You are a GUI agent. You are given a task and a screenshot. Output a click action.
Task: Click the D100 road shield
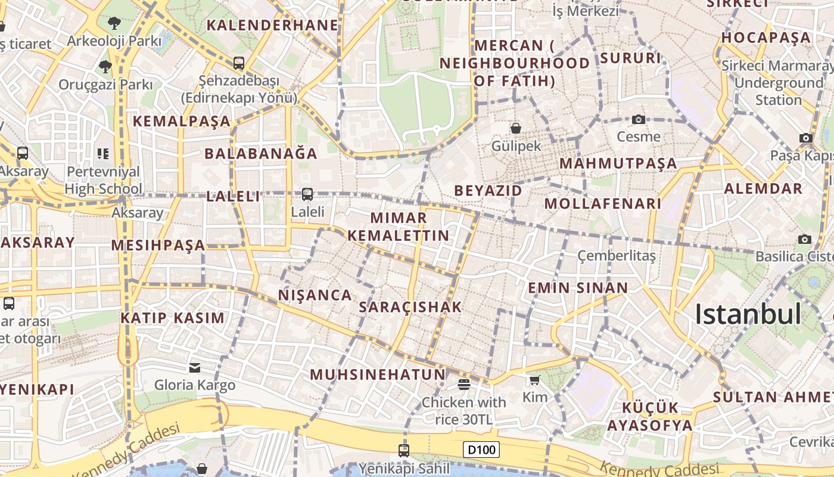[x=481, y=449]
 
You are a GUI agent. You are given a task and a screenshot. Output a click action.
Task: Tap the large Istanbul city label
[x=748, y=314]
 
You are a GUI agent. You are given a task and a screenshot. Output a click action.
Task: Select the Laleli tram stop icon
[x=307, y=194]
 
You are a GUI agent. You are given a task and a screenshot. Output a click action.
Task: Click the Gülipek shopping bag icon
[x=516, y=128]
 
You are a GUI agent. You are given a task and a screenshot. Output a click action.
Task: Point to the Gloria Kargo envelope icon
[x=195, y=367]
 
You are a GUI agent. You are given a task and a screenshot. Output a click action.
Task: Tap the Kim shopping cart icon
[x=534, y=380]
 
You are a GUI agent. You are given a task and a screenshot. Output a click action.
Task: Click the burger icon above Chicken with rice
[x=464, y=385]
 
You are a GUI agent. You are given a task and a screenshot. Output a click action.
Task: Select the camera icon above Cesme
[x=639, y=119]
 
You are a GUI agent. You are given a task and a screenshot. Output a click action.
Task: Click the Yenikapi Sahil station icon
[x=404, y=450]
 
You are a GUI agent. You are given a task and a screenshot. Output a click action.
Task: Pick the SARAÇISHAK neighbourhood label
[x=411, y=307]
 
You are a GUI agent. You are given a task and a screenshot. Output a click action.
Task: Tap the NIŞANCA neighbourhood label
[x=315, y=295]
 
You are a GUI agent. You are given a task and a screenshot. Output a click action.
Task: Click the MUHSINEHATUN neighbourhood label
[x=378, y=374]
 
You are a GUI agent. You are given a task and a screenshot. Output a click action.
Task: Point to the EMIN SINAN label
[x=578, y=288]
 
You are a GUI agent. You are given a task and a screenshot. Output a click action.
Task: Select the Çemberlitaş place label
[x=617, y=256]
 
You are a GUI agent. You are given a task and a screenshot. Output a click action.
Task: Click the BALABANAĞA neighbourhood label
[x=261, y=153]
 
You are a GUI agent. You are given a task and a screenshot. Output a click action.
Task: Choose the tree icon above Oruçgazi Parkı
[x=105, y=66]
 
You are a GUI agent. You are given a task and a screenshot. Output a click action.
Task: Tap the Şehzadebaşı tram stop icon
[x=239, y=63]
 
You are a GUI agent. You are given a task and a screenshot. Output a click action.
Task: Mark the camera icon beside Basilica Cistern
[x=805, y=239]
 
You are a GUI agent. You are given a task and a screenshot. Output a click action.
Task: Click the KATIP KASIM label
[x=173, y=318]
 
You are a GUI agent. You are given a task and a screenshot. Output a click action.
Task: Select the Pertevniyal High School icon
[x=103, y=154]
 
